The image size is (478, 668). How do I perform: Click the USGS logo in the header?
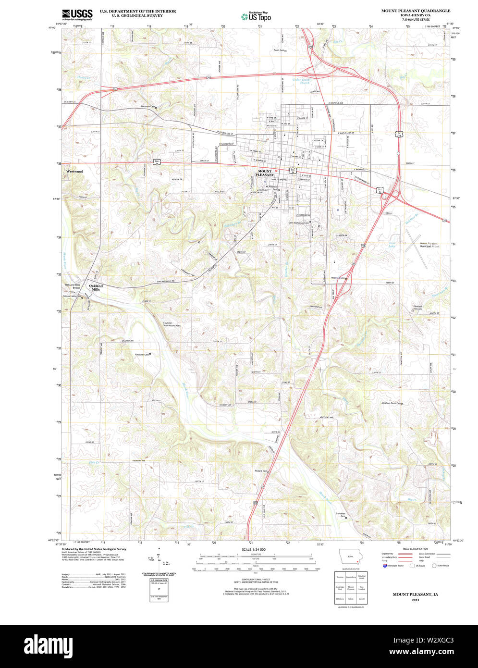pyautogui.click(x=77, y=15)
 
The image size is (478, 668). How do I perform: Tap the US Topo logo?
pyautogui.click(x=256, y=16)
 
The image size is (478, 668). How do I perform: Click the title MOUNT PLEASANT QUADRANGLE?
pyautogui.click(x=416, y=10)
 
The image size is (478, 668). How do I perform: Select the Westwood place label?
pyautogui.click(x=75, y=171)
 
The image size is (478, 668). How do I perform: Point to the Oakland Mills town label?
pyautogui.click(x=96, y=287)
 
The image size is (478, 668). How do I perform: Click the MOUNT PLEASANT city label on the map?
pyautogui.click(x=265, y=173)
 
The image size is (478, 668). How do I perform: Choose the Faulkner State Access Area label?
pyautogui.click(x=171, y=324)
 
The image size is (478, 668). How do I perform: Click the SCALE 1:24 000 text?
pyautogui.click(x=254, y=549)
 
